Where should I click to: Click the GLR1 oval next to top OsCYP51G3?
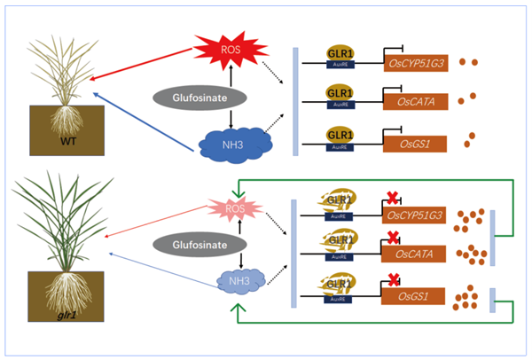coord(340,52)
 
